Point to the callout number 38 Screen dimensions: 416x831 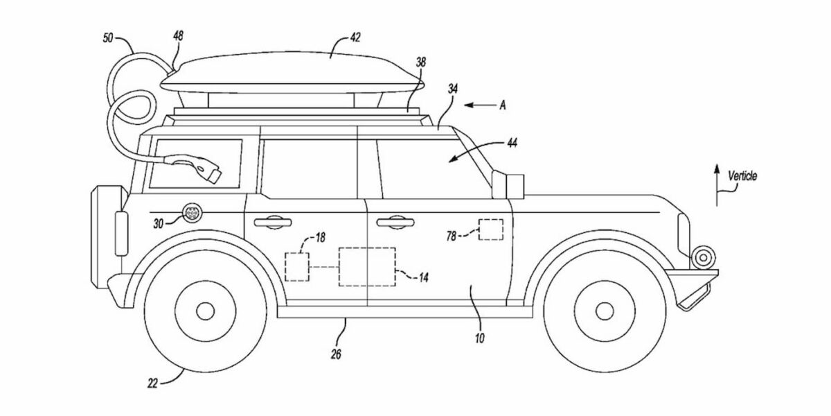[420, 62]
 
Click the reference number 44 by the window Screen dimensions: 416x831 [512, 144]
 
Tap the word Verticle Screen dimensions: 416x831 [742, 177]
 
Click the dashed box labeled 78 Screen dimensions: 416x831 [491, 229]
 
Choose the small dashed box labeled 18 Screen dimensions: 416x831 [297, 267]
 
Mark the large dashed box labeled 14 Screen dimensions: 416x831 [366, 266]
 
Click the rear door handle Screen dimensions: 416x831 [272, 222]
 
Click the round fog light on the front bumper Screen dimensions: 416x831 [704, 257]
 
